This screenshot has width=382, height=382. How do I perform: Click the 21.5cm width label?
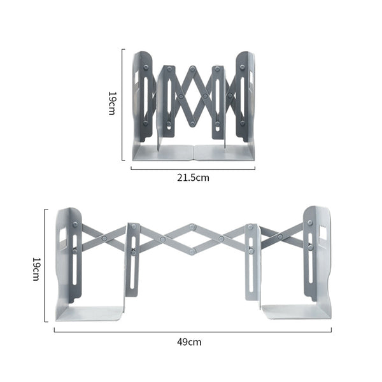tap(193, 178)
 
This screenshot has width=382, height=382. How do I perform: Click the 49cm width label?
tap(189, 342)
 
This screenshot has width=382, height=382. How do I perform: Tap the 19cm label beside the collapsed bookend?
tap(113, 103)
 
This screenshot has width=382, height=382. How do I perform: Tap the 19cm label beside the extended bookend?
tap(36, 269)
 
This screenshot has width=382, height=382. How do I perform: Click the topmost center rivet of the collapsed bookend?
tap(193, 68)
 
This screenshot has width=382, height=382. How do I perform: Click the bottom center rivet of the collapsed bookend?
tap(192, 124)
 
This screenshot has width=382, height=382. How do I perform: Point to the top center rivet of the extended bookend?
tap(192, 227)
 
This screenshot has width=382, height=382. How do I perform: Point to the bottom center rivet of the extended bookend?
tap(192, 252)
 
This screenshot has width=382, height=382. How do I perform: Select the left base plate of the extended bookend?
tap(90, 313)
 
